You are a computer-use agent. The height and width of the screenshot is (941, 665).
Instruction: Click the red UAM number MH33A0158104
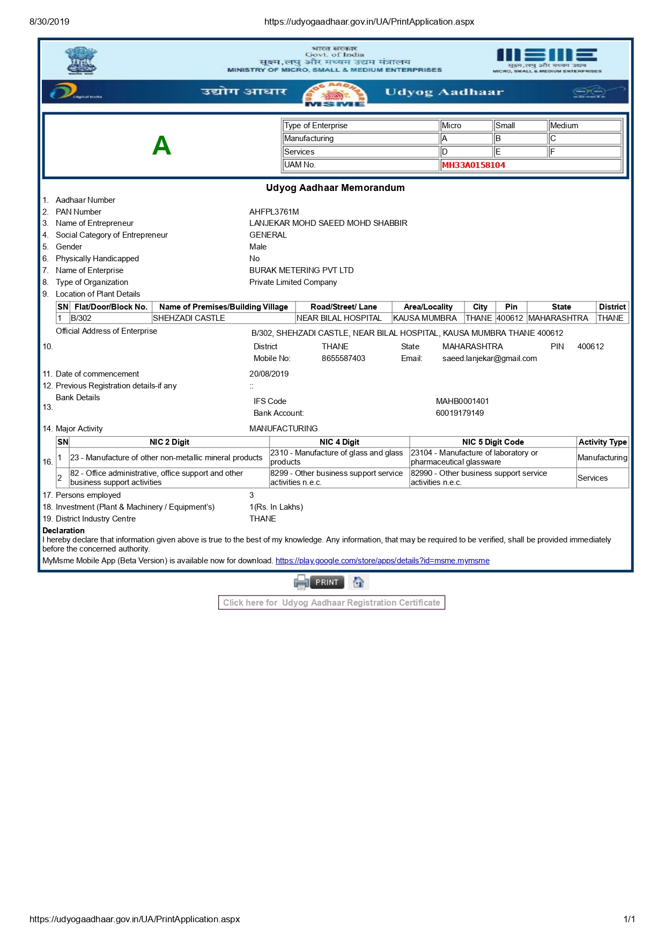(x=473, y=165)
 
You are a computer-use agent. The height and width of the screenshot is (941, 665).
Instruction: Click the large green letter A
(x=161, y=145)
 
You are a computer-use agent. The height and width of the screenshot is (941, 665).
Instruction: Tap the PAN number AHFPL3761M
(x=274, y=212)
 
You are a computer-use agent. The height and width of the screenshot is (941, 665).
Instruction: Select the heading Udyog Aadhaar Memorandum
(x=335, y=188)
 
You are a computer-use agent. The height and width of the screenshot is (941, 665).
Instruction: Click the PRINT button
(x=327, y=582)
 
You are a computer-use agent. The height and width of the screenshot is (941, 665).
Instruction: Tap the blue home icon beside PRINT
(x=359, y=582)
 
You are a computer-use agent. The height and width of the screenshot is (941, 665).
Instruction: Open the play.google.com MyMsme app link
(x=382, y=561)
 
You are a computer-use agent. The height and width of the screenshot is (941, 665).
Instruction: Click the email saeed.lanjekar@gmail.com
(x=489, y=358)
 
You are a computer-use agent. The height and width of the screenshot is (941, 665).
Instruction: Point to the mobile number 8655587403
(x=343, y=358)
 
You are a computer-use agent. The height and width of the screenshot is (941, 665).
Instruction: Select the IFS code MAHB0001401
(x=462, y=401)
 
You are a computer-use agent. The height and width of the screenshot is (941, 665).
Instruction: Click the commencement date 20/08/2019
(x=269, y=374)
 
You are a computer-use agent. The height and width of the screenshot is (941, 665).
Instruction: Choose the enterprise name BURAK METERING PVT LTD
(x=301, y=270)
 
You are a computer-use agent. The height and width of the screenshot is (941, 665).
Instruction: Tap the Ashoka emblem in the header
(x=81, y=60)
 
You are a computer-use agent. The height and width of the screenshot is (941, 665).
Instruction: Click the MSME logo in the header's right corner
(x=546, y=59)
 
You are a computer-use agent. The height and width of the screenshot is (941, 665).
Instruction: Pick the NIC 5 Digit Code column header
(x=493, y=442)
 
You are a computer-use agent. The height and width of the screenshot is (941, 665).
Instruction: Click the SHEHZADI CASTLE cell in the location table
(x=189, y=318)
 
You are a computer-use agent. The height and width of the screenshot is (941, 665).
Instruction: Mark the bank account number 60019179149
(x=460, y=413)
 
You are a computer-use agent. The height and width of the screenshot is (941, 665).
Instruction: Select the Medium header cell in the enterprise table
(x=564, y=126)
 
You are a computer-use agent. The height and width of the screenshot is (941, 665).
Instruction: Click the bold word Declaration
(x=63, y=531)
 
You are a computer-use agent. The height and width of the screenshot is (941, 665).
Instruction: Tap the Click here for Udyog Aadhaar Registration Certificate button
(x=331, y=602)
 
